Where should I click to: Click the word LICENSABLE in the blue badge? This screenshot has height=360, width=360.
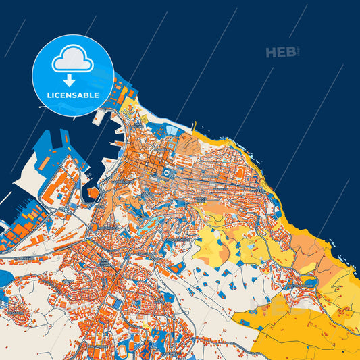(73, 94)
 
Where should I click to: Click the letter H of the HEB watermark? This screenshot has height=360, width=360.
(272, 53)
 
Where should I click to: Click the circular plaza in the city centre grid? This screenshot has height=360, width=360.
(164, 174)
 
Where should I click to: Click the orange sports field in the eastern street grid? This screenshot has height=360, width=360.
(239, 174)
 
